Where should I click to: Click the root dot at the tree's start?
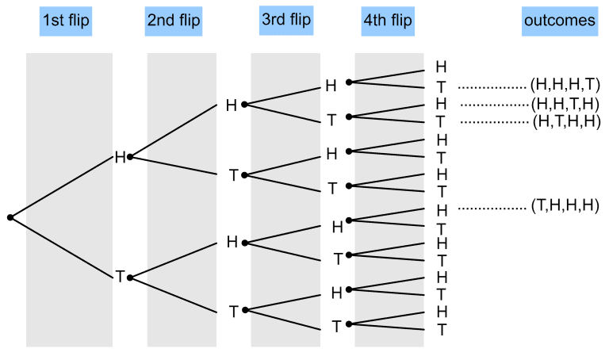[x=10, y=217]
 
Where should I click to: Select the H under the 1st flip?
[x=120, y=157]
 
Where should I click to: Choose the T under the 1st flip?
[x=120, y=277]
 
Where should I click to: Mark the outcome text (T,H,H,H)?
[x=562, y=209]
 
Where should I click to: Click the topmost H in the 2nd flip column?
[x=232, y=105]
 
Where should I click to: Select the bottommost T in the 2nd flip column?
[x=233, y=311]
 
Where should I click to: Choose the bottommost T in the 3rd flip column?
[x=336, y=325]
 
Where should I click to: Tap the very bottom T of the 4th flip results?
[x=442, y=329]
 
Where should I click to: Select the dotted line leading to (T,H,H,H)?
[x=490, y=209]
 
